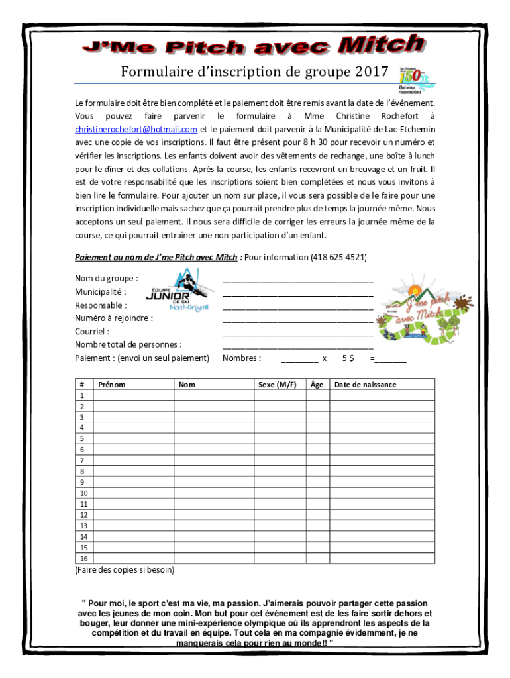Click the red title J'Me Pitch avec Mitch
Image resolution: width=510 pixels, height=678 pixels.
click(252, 46)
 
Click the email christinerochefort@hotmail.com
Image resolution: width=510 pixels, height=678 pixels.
click(136, 128)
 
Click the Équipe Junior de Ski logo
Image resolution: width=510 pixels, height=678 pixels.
click(177, 292)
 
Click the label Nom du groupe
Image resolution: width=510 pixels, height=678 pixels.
click(106, 279)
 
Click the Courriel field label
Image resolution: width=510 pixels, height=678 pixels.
click(92, 332)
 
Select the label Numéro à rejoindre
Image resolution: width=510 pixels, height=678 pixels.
click(114, 318)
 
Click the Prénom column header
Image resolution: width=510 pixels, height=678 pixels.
click(111, 385)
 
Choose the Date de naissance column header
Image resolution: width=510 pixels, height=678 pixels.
click(366, 385)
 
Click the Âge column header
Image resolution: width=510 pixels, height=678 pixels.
click(317, 385)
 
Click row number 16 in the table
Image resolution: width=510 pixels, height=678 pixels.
click(83, 557)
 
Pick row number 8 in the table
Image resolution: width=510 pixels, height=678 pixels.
click(82, 471)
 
